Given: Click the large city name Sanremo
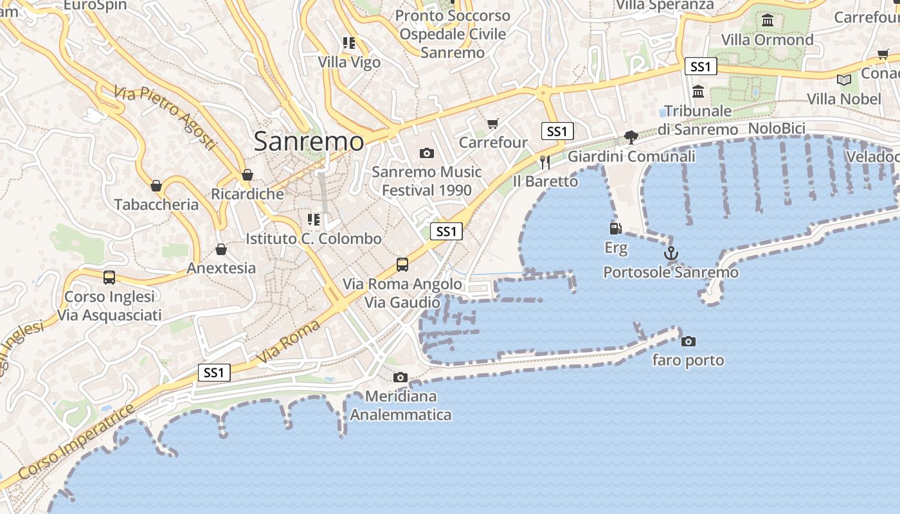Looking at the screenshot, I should pyautogui.click(x=309, y=141).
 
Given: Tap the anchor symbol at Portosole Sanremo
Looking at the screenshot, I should pyautogui.click(x=671, y=253).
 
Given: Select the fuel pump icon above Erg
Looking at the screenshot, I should pyautogui.click(x=615, y=228).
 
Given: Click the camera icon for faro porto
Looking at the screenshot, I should pyautogui.click(x=688, y=341).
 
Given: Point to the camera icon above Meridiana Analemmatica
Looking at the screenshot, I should pyautogui.click(x=401, y=377).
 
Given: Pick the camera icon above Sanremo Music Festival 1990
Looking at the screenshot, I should pyautogui.click(x=426, y=153).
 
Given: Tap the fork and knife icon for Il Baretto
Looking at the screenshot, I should pyautogui.click(x=545, y=162).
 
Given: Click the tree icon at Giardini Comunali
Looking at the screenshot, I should pyautogui.click(x=631, y=137).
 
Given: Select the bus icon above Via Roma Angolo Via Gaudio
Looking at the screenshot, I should pyautogui.click(x=402, y=264).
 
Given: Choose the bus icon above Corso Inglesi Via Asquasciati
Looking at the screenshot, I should pyautogui.click(x=109, y=278).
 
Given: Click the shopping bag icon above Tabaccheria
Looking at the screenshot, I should pyautogui.click(x=156, y=186).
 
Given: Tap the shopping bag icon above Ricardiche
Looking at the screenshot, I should pyautogui.click(x=248, y=175).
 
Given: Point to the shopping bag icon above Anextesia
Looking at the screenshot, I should pyautogui.click(x=221, y=249).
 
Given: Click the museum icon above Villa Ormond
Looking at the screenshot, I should pyautogui.click(x=768, y=21).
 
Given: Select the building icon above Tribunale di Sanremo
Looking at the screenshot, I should pyautogui.click(x=699, y=92).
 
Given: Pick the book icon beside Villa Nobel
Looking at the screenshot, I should pyautogui.click(x=844, y=80).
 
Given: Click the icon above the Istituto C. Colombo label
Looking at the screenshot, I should pyautogui.click(x=314, y=220).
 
